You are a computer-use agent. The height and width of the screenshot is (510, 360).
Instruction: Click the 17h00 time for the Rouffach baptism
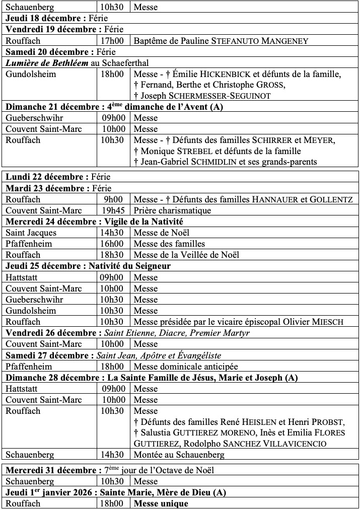pyautogui.click(x=112, y=41)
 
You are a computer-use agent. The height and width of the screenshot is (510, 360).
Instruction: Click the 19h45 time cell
pyautogui.click(x=112, y=210)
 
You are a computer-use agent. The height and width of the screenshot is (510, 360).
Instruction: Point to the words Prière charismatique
pyautogui.click(x=172, y=210)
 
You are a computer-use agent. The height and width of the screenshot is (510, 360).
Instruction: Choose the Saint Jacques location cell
pyautogui.click(x=31, y=233)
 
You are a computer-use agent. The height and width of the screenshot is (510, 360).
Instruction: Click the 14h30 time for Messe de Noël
pyautogui.click(x=112, y=233)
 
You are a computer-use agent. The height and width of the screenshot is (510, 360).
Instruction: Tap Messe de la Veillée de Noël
pyautogui.click(x=186, y=255)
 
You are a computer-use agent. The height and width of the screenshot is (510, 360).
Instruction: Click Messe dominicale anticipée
pyautogui.click(x=186, y=367)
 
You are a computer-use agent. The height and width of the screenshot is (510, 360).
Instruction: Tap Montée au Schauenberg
pyautogui.click(x=179, y=455)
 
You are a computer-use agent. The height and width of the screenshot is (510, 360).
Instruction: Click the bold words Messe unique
pyautogui.click(x=161, y=503)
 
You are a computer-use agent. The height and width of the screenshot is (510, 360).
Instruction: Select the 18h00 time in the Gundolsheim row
pyautogui.click(x=112, y=74)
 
